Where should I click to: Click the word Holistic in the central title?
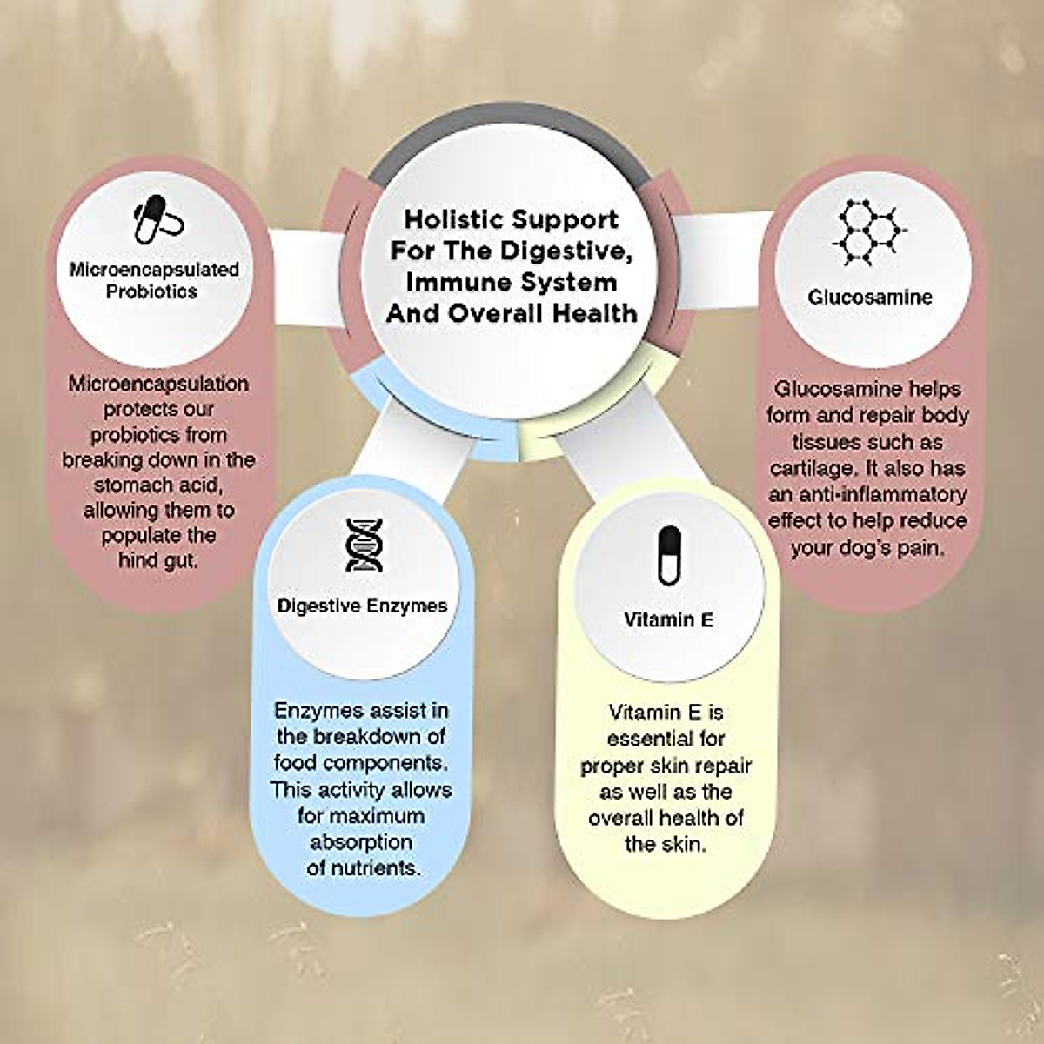click(x=452, y=219)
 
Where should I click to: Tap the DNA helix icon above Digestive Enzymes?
click(x=364, y=545)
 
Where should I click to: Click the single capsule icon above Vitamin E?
click(x=668, y=555)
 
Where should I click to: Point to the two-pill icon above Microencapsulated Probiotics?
click(x=157, y=219)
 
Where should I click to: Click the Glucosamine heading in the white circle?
click(x=870, y=297)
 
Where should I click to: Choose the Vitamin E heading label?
click(x=668, y=619)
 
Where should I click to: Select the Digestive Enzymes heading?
click(x=362, y=606)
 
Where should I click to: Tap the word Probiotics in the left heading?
click(x=151, y=291)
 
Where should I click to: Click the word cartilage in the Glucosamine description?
click(x=811, y=468)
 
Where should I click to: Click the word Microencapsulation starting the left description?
click(x=158, y=384)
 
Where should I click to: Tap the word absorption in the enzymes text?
click(x=361, y=842)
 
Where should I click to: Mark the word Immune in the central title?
click(x=452, y=283)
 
